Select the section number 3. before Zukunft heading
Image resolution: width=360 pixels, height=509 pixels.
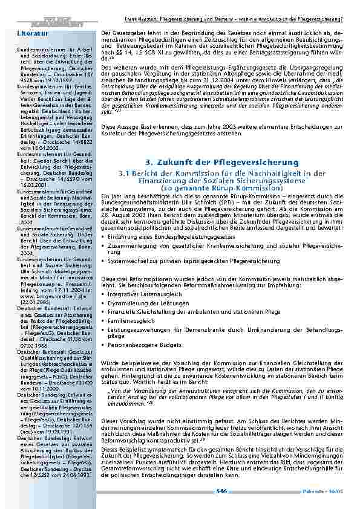pyautogui.click(x=149, y=163)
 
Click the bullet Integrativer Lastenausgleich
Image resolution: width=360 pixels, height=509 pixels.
pyautogui.click(x=144, y=293)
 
